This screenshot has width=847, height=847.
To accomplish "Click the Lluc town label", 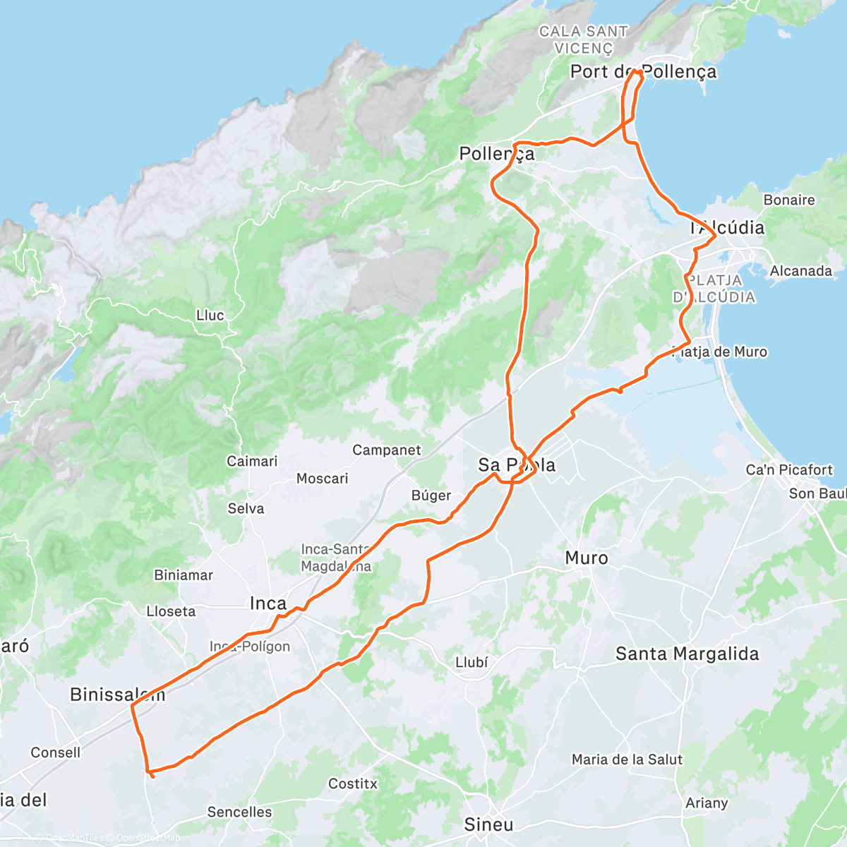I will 210,316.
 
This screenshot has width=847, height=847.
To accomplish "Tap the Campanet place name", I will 386,450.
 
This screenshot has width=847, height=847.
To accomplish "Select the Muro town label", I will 586,558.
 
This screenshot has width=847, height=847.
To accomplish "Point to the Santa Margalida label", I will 687,654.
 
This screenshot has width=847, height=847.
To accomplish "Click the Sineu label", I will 488,824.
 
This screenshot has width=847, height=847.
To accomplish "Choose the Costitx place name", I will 352,784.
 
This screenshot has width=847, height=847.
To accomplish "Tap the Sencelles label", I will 239,812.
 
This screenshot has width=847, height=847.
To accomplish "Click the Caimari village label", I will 252,462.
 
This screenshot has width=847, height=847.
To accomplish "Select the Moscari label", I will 322,479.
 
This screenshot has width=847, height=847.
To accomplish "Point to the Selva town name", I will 246,509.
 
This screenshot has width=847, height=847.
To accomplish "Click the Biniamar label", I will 184,575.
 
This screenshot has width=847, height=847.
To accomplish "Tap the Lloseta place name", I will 171,611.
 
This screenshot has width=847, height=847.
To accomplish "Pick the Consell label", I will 55,753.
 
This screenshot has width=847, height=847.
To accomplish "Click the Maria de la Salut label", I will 627,760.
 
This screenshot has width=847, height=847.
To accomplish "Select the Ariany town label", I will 706,803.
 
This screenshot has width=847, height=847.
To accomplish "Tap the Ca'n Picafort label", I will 789,470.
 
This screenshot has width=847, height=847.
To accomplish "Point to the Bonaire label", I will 788,200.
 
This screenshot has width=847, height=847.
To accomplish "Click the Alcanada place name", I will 800,271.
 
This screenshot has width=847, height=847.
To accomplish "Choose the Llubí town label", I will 471,663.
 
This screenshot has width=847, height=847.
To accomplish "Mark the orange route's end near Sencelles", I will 152,776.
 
